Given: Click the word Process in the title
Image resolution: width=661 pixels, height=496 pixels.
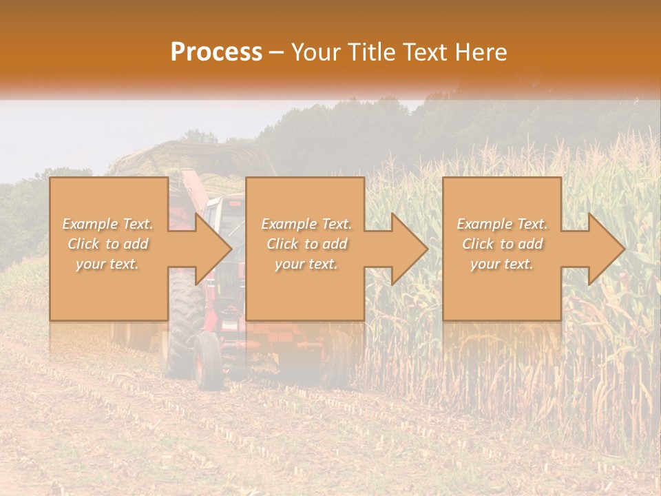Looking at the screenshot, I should [216, 52].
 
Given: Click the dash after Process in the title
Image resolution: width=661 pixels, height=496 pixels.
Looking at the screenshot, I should [277, 52].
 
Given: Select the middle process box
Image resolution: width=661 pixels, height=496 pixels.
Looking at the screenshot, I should [305, 296].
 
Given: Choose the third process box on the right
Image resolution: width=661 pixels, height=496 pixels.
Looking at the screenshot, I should [501, 296].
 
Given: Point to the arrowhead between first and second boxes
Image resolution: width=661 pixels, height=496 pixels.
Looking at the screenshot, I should [213, 249].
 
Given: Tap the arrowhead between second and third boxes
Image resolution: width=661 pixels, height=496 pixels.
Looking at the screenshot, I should [410, 249].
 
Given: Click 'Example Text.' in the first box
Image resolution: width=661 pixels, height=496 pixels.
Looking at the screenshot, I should [107, 224].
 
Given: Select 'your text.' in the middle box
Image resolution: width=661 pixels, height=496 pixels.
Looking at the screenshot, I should [306, 264].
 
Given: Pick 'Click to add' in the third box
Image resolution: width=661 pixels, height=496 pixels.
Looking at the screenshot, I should [502, 244].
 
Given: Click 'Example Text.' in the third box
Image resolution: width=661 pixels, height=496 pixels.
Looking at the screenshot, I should [502, 224].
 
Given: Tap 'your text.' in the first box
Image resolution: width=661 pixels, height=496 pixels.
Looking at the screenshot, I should [107, 264].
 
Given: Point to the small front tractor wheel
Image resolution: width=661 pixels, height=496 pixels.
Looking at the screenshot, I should [207, 358].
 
